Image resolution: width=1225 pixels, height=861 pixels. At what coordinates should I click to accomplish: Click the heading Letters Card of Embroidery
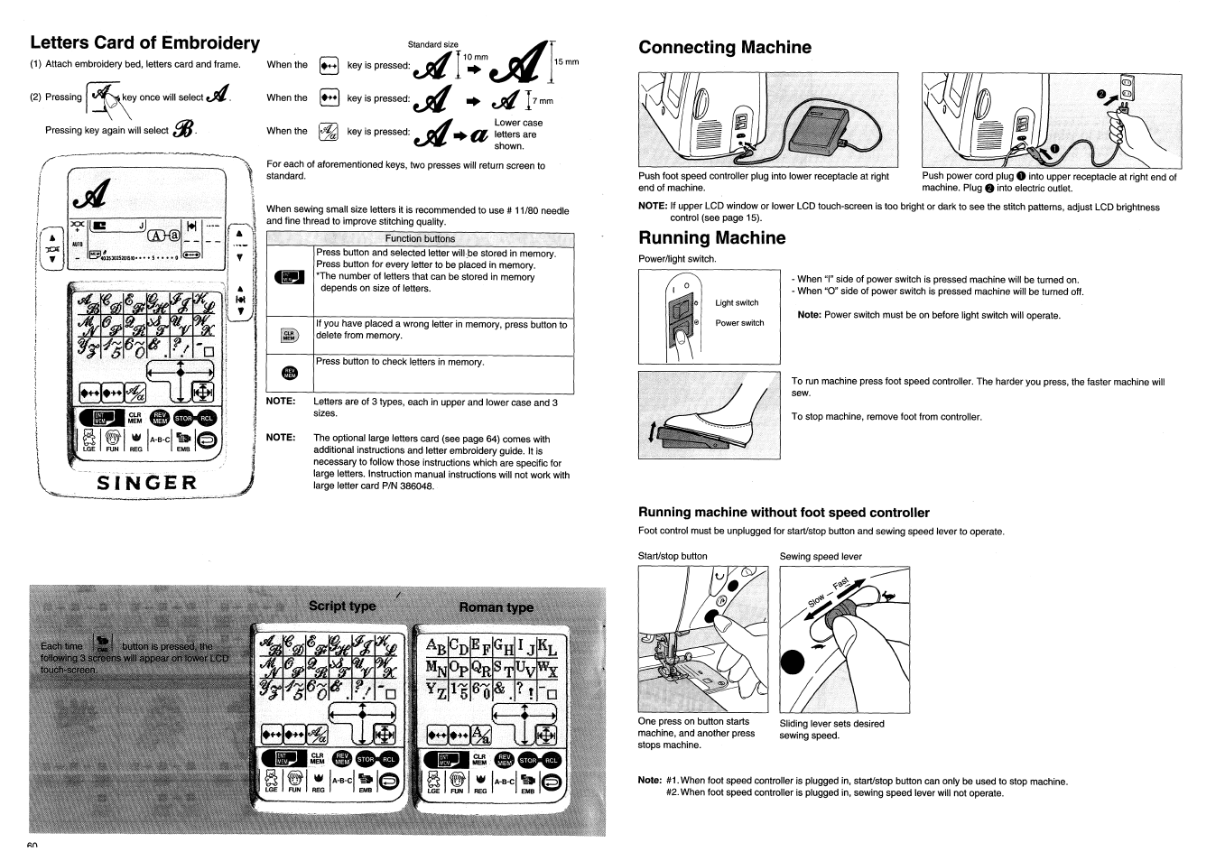(x=144, y=42)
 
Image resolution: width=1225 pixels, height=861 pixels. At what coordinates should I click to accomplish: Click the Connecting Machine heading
(x=724, y=48)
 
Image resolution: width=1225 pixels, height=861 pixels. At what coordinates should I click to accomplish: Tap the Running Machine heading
(x=711, y=238)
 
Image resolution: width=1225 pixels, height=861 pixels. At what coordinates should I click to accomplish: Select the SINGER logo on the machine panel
(x=147, y=481)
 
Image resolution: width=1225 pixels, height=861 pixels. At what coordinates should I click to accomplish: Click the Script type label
(x=342, y=606)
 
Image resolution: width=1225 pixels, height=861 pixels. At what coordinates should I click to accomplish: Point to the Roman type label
(x=496, y=607)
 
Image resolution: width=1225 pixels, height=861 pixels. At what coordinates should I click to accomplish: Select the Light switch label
(x=737, y=303)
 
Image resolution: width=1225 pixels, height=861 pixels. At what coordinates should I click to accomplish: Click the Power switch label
(x=739, y=323)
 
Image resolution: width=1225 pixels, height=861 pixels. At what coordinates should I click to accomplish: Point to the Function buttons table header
(x=420, y=239)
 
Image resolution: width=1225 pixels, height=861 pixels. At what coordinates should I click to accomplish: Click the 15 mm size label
(x=566, y=62)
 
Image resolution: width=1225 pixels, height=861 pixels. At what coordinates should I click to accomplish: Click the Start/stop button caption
(x=673, y=556)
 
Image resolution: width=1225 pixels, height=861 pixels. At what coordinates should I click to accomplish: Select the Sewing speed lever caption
(x=820, y=556)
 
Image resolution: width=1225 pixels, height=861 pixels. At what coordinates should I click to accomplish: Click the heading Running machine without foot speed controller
(x=784, y=513)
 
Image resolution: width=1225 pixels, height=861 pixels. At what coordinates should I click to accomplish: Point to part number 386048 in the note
(x=413, y=486)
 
